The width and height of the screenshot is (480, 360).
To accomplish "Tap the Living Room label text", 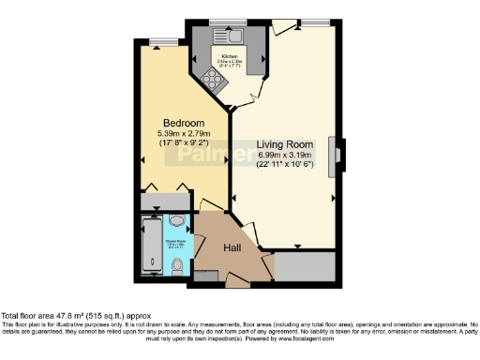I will (285, 144).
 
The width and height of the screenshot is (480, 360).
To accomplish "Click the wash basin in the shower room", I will (178, 223).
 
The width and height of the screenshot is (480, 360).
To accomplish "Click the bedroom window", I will (166, 40).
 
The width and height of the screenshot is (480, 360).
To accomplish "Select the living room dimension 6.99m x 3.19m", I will (285, 155).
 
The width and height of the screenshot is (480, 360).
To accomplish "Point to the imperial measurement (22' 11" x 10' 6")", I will (285, 165).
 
